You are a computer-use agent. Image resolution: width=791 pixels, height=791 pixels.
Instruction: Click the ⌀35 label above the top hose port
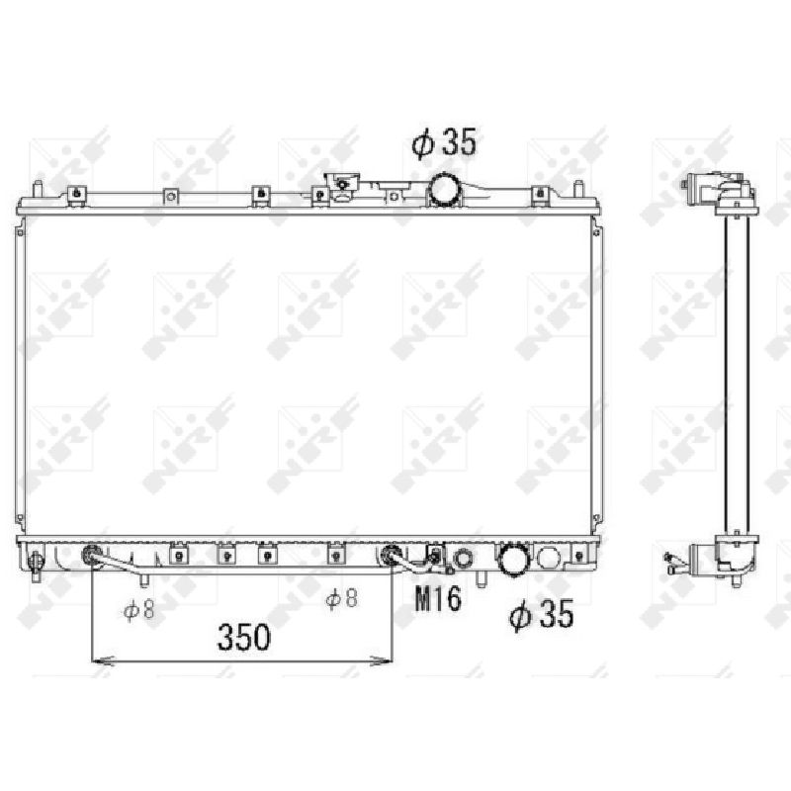[x=443, y=142]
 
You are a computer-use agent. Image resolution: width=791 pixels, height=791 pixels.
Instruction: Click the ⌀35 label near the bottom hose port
[x=541, y=614]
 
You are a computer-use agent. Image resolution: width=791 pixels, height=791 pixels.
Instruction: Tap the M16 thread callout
[x=438, y=599]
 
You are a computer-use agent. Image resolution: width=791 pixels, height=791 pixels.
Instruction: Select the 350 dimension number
[x=243, y=637]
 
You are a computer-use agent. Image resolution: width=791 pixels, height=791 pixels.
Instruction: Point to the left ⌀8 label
[x=138, y=610]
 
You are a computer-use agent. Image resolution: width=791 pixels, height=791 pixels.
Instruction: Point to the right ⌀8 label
[x=341, y=598]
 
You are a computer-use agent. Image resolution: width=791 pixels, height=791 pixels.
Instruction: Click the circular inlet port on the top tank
[x=444, y=189]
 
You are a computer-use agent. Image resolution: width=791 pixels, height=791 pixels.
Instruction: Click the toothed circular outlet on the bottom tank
[x=514, y=560]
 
